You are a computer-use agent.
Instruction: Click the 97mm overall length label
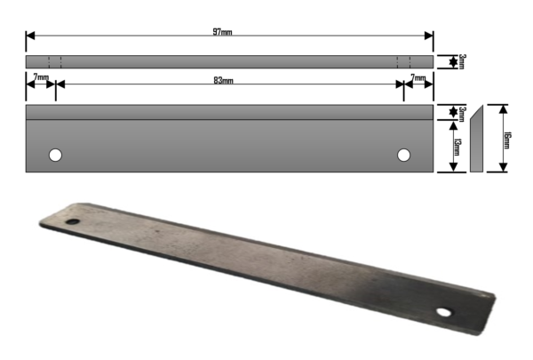[x=222, y=32]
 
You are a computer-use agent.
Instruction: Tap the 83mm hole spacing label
[x=223, y=81]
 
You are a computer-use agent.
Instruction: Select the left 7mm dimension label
[x=41, y=77]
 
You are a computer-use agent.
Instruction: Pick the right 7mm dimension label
[x=418, y=78]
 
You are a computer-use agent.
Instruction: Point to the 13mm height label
[x=457, y=147]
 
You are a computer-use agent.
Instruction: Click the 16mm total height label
[x=506, y=140]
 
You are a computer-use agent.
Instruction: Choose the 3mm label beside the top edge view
[x=462, y=61]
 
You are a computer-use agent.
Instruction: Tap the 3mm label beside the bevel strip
[x=462, y=114]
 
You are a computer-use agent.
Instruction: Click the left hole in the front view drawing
[x=55, y=156]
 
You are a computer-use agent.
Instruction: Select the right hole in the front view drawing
[x=403, y=156]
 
